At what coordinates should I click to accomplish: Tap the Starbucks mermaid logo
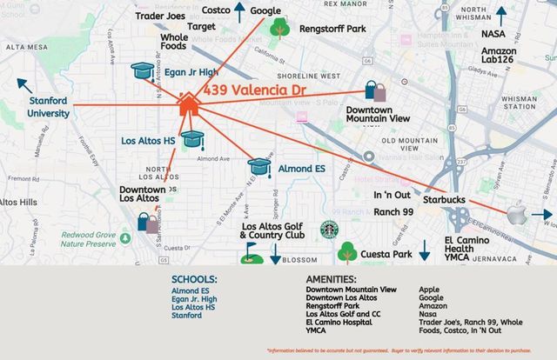[328, 230]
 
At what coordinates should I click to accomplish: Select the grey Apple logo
[520, 215]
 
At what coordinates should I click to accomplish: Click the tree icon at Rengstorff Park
[279, 28]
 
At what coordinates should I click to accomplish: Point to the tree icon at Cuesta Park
[348, 252]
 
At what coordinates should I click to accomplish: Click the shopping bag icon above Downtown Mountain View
[376, 91]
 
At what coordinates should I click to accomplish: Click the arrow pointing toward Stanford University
[25, 85]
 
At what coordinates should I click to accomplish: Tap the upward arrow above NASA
[500, 16]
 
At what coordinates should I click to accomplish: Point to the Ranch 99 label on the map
[394, 212]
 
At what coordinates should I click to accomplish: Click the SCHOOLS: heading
[194, 279]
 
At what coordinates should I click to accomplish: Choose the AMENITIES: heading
[332, 278]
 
